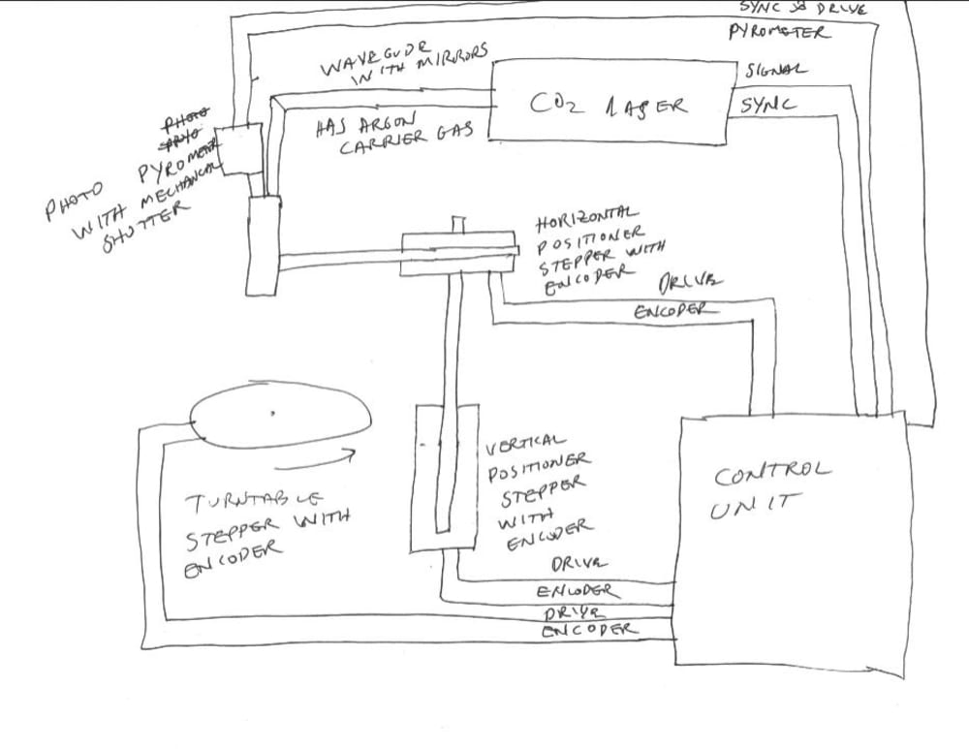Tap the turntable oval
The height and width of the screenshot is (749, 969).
[x=282, y=418]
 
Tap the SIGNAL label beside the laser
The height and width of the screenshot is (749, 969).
[x=775, y=71]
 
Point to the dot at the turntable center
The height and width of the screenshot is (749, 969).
[x=272, y=414]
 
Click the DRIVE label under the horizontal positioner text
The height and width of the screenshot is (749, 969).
[x=690, y=283]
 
